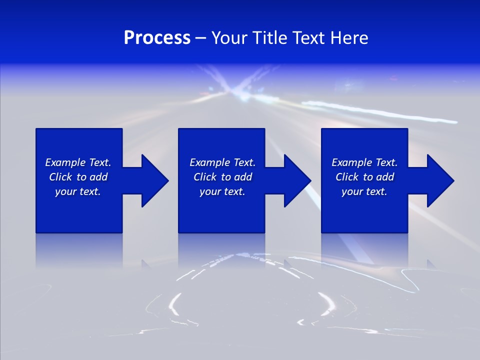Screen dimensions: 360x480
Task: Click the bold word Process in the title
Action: click(157, 38)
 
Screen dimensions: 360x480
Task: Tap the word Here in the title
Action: click(349, 38)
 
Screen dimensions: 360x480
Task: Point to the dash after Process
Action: click(200, 38)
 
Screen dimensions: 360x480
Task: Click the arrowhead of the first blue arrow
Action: click(155, 180)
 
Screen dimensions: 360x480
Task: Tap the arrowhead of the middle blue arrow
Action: click(297, 180)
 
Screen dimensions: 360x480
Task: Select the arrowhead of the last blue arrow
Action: click(440, 180)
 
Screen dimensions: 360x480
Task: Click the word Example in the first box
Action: click(65, 162)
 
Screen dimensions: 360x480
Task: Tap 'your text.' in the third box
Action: click(364, 191)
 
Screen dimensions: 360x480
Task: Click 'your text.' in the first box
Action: click(78, 191)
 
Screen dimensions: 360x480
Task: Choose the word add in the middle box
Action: click(243, 177)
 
